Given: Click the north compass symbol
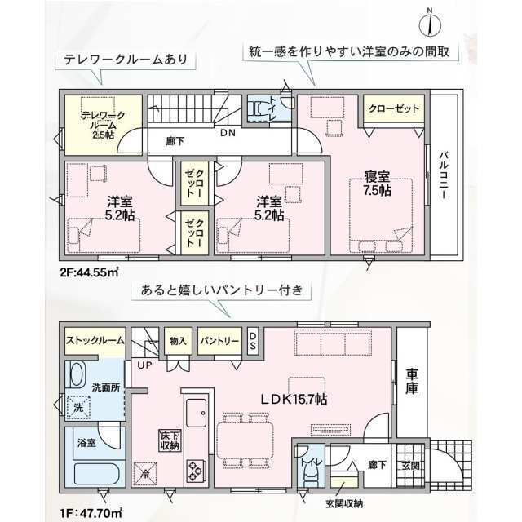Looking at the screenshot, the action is coord(430,24).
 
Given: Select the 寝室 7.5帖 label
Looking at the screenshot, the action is coord(377,184).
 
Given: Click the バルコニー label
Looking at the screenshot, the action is coord(444,176).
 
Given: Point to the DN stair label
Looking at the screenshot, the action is coord(228,133).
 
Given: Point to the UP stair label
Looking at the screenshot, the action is coord(144,365).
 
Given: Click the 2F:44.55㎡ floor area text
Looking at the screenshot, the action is coord(90,272).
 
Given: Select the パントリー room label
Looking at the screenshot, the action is coord(219,341).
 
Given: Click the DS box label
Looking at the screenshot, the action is coord(253,341).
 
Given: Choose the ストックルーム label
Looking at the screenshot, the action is coord(95,341).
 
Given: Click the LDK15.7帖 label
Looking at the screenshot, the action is coord(294,399).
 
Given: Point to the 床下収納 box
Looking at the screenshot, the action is coord(170,440).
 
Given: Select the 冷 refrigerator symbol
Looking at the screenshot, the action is coord(145,474).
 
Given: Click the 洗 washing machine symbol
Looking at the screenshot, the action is coord(78,407).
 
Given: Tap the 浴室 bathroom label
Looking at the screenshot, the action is coord(86,442).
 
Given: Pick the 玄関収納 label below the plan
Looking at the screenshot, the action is coord(344,504).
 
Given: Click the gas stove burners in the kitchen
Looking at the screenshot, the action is coord(196,471).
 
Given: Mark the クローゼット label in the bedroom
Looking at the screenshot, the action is coord(394,108).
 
